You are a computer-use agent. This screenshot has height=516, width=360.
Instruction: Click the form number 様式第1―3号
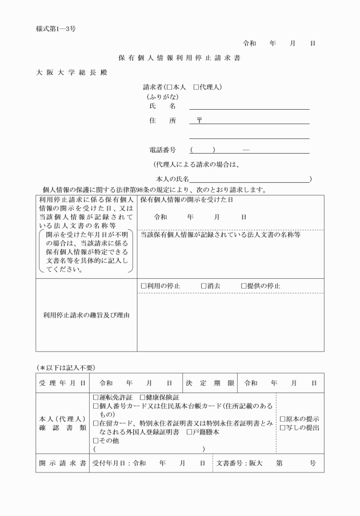click(x=55, y=28)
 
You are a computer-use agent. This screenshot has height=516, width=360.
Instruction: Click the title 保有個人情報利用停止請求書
click(x=180, y=58)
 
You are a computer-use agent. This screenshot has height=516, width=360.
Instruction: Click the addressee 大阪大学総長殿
click(x=70, y=73)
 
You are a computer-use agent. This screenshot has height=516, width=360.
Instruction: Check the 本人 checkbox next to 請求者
click(x=169, y=87)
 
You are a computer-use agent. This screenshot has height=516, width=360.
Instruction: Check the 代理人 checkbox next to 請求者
click(x=196, y=87)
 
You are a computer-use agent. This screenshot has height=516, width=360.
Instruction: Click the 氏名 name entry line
click(x=249, y=106)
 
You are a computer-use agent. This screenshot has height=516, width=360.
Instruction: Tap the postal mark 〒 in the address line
click(x=199, y=121)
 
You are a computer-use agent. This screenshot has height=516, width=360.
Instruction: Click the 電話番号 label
click(x=162, y=150)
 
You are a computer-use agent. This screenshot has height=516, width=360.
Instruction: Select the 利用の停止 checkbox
click(x=144, y=286)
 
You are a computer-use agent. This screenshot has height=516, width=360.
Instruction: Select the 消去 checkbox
click(x=203, y=286)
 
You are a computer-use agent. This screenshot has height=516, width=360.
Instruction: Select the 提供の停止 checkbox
click(x=243, y=286)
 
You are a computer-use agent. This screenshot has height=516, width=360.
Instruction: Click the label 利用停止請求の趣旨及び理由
click(x=86, y=315)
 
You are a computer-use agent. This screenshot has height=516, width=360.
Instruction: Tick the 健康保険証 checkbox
click(x=143, y=397)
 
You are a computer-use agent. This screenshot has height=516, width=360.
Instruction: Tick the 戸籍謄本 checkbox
click(x=189, y=433)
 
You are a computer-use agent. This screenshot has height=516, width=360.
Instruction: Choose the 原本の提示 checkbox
click(x=282, y=419)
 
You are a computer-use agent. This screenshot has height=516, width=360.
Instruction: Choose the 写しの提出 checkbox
click(x=282, y=427)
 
